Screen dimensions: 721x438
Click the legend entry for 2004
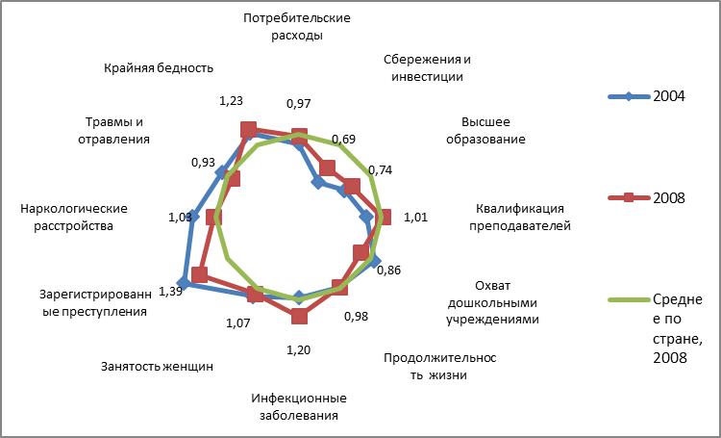click(x=647, y=96)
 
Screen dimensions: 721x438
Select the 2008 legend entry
click(x=647, y=197)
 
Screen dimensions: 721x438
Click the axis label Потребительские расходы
click(x=297, y=27)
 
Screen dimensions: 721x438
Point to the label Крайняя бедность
click(x=159, y=68)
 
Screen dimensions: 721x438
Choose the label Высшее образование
click(x=485, y=131)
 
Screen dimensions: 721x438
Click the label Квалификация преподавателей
click(x=519, y=218)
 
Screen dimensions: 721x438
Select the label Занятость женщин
click(x=157, y=367)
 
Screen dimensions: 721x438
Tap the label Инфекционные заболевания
click(x=299, y=406)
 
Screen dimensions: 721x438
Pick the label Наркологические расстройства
click(x=74, y=218)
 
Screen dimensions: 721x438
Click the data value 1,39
click(x=169, y=291)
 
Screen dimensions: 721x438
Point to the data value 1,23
click(x=231, y=101)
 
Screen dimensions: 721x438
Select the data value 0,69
click(x=343, y=139)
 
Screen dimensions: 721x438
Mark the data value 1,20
click(x=298, y=350)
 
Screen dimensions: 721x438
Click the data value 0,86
click(x=388, y=270)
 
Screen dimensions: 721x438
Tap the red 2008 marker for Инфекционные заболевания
click(x=299, y=317)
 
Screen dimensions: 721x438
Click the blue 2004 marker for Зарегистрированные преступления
click(x=184, y=283)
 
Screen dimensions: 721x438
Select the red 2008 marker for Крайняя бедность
click(x=249, y=130)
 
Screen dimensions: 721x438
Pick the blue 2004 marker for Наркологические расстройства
click(x=193, y=217)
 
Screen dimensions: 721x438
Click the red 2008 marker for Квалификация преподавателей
click(x=384, y=217)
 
